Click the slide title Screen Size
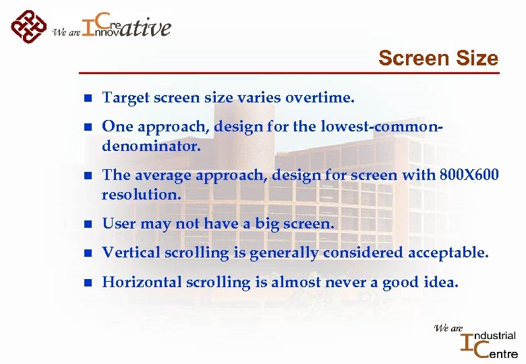(438, 59)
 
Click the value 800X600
(469, 175)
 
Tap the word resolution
(141, 194)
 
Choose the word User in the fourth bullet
(118, 224)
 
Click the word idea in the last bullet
(440, 282)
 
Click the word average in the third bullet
(163, 175)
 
